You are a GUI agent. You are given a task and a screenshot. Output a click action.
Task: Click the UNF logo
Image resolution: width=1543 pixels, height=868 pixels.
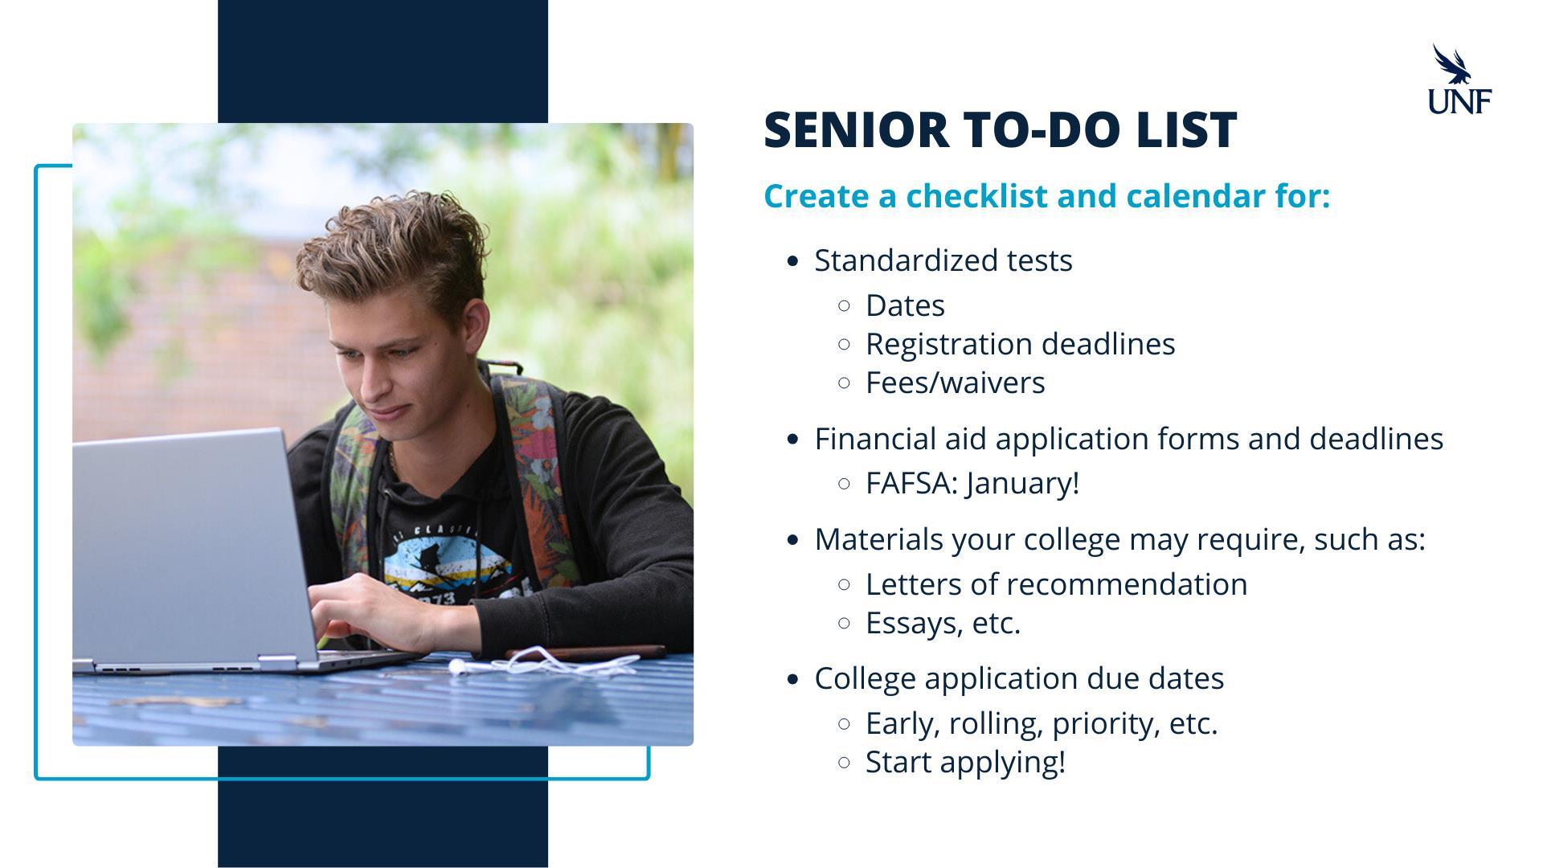[1459, 79]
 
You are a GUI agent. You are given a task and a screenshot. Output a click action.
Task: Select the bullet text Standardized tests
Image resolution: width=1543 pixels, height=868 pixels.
[943, 260]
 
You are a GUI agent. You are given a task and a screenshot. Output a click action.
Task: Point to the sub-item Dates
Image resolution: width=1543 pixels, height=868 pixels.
[905, 305]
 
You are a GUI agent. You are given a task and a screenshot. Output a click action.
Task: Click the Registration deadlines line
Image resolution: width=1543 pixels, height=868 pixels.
[1020, 344]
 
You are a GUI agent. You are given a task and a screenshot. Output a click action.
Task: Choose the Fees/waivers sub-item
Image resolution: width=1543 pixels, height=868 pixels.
[955, 383]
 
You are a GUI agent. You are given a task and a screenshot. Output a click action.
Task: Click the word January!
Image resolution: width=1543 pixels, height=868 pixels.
[1023, 484]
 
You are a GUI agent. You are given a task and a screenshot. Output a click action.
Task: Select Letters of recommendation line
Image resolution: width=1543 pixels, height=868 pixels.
[1056, 584]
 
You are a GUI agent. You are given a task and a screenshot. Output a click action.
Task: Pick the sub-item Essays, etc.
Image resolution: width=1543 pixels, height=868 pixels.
[943, 623]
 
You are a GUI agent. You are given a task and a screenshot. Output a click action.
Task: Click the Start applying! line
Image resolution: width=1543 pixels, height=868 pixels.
[965, 762]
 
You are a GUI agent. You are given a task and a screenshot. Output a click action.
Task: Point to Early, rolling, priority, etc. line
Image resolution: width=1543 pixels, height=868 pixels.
[1042, 723]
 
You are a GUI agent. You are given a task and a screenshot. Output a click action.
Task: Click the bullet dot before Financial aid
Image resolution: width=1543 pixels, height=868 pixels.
[794, 439]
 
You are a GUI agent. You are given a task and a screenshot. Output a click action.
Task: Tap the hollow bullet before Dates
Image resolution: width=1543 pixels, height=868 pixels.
[844, 305]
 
